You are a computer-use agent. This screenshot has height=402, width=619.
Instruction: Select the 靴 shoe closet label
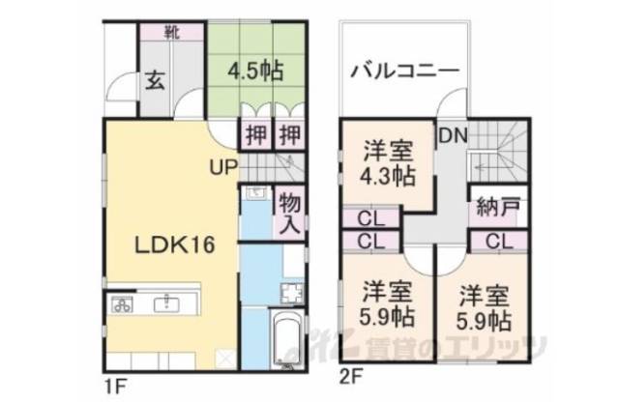tap(170, 31)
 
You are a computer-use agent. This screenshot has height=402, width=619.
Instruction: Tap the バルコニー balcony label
tap(404, 71)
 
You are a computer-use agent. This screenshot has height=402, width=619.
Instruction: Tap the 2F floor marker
tap(350, 373)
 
